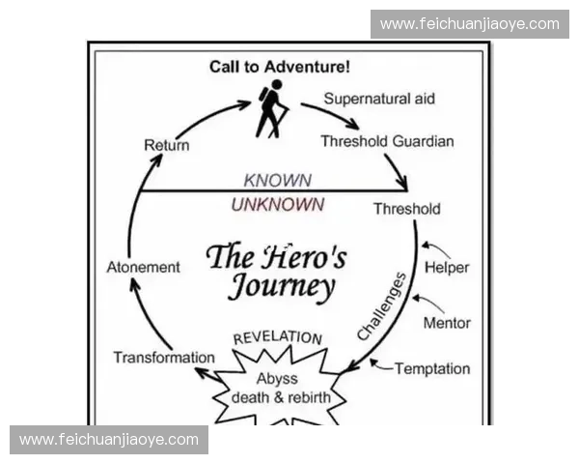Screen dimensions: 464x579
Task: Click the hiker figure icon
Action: pos(271,108)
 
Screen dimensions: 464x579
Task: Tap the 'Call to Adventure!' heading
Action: pos(280,67)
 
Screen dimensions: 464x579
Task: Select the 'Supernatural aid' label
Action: pos(379,99)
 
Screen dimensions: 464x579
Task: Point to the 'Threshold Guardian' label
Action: pos(387,141)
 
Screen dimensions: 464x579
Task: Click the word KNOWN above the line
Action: pos(277,181)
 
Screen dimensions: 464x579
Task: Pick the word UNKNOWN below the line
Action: pos(277,205)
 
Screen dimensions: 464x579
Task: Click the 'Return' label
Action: pos(166,146)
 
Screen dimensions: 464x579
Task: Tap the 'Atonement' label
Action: pos(143,267)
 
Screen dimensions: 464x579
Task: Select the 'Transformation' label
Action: pos(164,358)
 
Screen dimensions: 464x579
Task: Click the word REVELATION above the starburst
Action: pos(278,338)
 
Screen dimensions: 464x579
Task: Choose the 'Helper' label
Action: pos(446,268)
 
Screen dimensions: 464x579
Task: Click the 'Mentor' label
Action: pos(446,323)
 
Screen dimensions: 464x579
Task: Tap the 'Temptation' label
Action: pos(432,368)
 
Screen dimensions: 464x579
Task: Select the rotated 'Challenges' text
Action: pos(383,307)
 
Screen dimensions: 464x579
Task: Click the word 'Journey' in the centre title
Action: pos(282,287)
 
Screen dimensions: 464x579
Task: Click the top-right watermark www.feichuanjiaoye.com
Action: pos(469,23)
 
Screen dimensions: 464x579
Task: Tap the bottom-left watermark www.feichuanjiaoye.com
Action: pos(108,440)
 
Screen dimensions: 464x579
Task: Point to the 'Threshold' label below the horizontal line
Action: pos(406,209)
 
